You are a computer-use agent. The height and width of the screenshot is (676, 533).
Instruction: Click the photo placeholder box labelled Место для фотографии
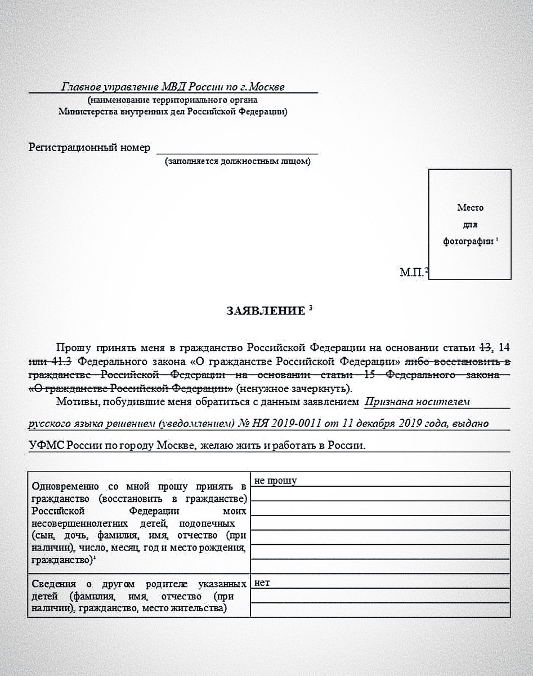click(x=470, y=224)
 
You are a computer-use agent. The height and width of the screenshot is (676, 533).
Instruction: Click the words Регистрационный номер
click(x=89, y=148)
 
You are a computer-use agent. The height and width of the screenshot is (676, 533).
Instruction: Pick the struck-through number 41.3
click(x=66, y=360)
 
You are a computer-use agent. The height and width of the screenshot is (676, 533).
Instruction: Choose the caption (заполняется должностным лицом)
click(x=237, y=162)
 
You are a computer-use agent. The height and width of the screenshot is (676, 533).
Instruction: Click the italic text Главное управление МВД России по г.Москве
click(x=173, y=87)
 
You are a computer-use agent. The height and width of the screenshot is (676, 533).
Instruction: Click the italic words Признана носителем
click(x=417, y=402)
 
